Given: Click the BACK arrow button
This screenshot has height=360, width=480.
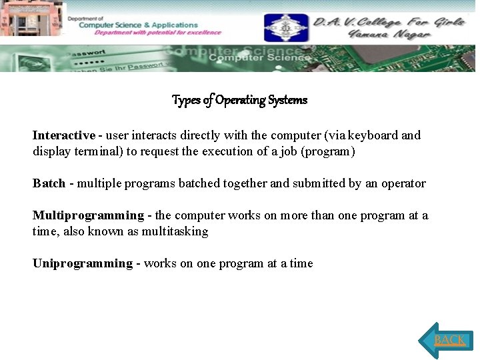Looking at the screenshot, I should tap(447, 340).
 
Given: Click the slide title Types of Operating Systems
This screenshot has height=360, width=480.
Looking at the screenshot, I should tap(239, 100).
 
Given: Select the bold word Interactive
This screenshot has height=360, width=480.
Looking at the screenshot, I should tap(63, 135).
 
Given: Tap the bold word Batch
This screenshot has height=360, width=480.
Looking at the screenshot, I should tap(49, 183).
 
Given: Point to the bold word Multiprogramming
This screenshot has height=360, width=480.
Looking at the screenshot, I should tap(88, 215).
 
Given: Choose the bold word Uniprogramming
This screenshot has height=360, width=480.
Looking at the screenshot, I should tap(83, 263).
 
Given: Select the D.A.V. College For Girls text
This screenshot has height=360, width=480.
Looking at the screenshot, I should tap(389, 21).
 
